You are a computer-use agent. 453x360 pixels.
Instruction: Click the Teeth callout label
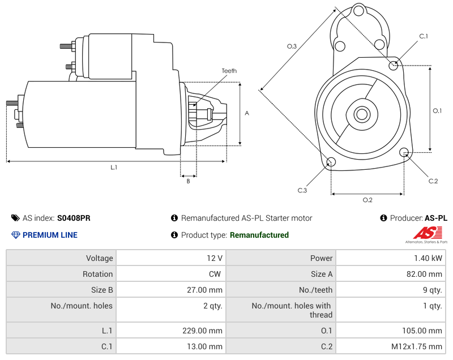click(x=229, y=71)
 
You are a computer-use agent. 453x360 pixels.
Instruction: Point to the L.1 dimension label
click(x=114, y=167)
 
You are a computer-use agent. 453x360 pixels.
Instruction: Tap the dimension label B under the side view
click(x=189, y=181)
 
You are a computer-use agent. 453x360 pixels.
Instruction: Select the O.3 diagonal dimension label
click(x=292, y=46)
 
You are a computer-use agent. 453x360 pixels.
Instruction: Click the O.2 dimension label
click(x=367, y=200)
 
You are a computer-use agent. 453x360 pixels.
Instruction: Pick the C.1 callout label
click(x=423, y=36)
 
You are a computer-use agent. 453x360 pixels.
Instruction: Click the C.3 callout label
click(x=302, y=190)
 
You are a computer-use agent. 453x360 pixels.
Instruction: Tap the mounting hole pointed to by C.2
click(x=404, y=152)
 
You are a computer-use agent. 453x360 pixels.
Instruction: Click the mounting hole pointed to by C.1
click(x=394, y=65)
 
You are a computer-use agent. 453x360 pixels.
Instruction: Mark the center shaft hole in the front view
click(x=361, y=114)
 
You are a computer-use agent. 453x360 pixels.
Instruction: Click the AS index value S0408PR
click(x=74, y=218)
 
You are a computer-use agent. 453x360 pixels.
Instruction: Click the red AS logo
click(x=430, y=233)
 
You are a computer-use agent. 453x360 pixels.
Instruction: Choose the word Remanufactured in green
click(x=259, y=235)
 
